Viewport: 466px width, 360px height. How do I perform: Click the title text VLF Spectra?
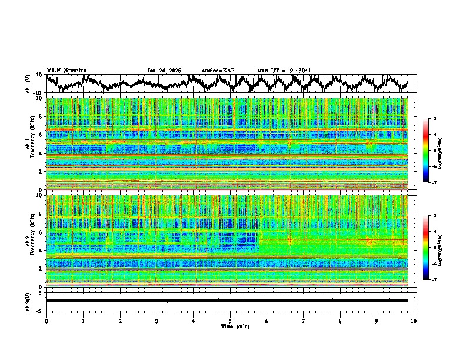[x=66, y=70]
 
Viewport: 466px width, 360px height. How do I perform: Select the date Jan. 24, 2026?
[x=164, y=71]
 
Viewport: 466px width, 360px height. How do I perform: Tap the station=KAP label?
[x=218, y=71]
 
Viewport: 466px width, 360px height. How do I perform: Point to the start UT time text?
[x=284, y=71]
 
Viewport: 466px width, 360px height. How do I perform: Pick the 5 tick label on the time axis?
[x=230, y=321]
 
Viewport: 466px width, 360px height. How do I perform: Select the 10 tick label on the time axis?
[x=414, y=321]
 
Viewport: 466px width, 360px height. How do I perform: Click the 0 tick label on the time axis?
[x=46, y=321]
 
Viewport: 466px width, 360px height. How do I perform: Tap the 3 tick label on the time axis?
[x=157, y=321]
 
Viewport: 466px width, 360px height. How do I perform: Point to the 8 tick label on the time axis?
[x=340, y=321]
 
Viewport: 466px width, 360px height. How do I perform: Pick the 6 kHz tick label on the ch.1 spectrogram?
[x=39, y=135]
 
